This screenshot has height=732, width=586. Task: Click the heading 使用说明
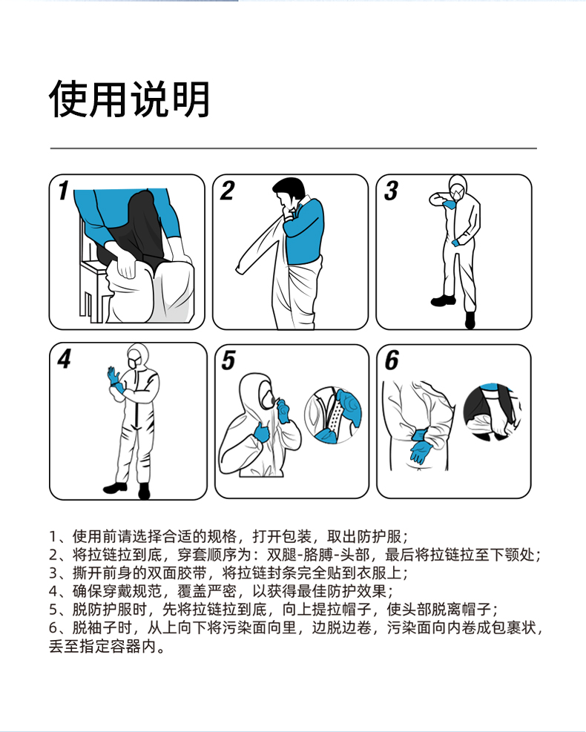(x=129, y=99)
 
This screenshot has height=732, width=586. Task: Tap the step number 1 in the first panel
(x=64, y=191)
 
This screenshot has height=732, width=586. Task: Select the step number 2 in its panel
(x=228, y=191)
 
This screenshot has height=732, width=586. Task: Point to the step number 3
(x=392, y=191)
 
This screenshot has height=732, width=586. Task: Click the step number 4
(x=65, y=359)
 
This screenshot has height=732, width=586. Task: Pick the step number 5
(x=228, y=360)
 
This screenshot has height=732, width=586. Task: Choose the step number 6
(x=392, y=360)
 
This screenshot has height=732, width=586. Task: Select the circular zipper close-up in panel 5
(x=333, y=415)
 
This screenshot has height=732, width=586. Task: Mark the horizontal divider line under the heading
(x=293, y=148)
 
